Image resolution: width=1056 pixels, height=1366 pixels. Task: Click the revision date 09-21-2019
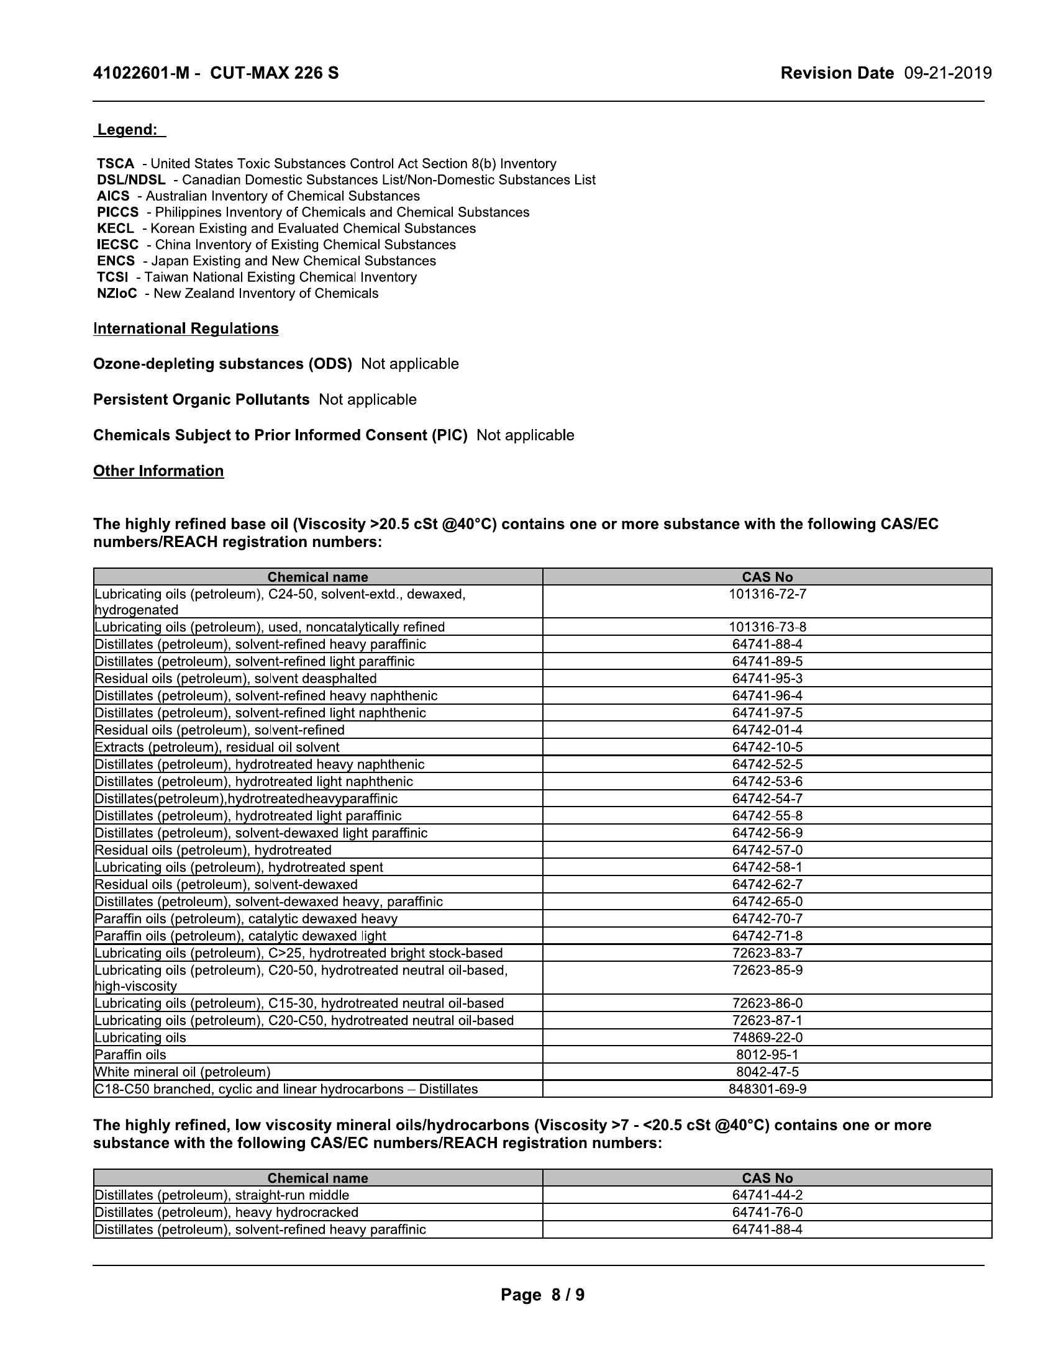[x=948, y=73]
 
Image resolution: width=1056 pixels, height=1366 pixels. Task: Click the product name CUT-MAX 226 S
[x=274, y=73]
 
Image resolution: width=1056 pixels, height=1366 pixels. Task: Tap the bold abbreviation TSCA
[x=116, y=164]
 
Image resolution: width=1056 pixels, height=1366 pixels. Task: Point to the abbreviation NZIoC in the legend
[x=117, y=293]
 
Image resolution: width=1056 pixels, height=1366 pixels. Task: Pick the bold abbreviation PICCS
[x=117, y=212]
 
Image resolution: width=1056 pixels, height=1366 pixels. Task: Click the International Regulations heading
[x=186, y=328]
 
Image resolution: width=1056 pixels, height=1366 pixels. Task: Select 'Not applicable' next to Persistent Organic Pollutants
[x=367, y=400]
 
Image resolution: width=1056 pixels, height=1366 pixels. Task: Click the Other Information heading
[x=158, y=471]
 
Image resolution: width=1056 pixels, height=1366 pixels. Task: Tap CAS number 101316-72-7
[x=767, y=594]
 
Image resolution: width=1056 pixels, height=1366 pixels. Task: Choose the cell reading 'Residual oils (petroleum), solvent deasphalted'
[x=236, y=679]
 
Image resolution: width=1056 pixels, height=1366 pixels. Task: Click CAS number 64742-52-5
[x=767, y=764]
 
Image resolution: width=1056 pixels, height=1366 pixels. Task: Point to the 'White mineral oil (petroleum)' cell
[x=183, y=1072]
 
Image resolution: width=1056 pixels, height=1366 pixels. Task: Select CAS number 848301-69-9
[x=767, y=1089]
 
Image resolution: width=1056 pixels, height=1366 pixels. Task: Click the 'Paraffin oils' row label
[x=130, y=1055]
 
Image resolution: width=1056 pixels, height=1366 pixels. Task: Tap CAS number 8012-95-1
[x=767, y=1055]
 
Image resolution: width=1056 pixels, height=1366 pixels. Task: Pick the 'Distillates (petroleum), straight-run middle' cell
[x=222, y=1195]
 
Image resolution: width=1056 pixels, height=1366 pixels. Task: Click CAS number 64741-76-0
[x=767, y=1212]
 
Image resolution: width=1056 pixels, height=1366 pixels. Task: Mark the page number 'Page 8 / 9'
[x=542, y=1295]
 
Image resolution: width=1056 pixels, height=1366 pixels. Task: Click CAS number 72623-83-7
[x=767, y=953]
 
